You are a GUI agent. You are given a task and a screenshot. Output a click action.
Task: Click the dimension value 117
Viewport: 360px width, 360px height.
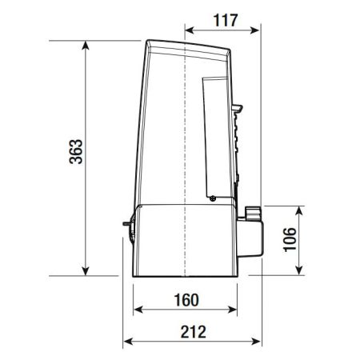(226, 20)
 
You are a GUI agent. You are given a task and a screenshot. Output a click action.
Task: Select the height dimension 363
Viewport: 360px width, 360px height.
(76, 151)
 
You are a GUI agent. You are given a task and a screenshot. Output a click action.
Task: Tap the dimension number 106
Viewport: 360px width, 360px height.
(290, 239)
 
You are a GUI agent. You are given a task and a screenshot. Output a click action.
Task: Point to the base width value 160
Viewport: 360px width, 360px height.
(186, 300)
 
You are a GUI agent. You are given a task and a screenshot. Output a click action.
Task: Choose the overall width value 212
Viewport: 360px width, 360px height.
(194, 332)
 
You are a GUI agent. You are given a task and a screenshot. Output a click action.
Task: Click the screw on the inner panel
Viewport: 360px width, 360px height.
(213, 198)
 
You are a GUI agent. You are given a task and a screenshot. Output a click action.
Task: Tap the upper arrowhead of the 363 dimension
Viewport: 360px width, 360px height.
(86, 46)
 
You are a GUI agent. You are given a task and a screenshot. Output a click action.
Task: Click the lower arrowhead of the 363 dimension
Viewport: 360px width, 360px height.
(86, 271)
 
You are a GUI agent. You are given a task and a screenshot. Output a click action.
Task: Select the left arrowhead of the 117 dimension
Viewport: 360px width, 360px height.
(189, 30)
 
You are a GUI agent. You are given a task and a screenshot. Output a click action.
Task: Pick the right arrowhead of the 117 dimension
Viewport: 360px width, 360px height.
(255, 30)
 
